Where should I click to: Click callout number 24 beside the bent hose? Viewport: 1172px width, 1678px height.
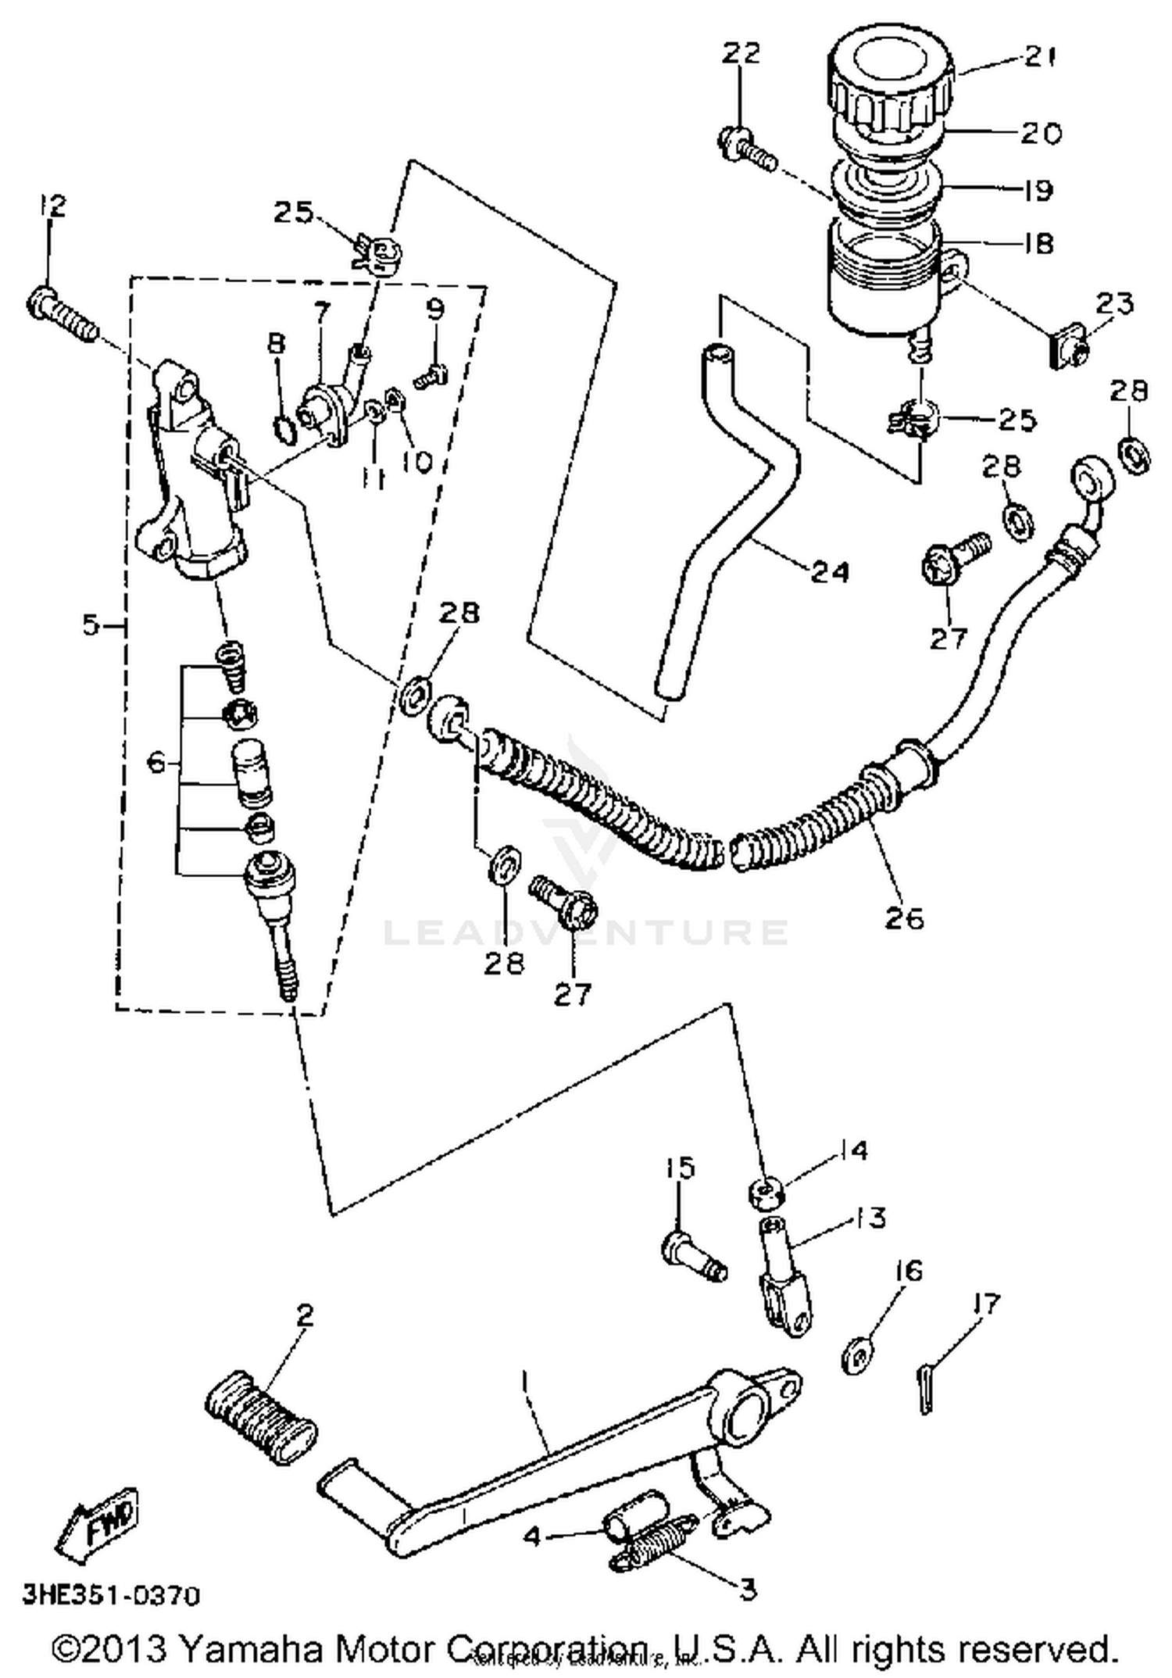tap(829, 572)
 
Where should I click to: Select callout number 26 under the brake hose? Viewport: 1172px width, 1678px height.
tap(904, 918)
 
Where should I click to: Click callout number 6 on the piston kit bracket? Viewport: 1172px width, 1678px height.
tap(156, 762)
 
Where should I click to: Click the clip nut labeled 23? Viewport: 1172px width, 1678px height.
tap(1066, 349)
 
